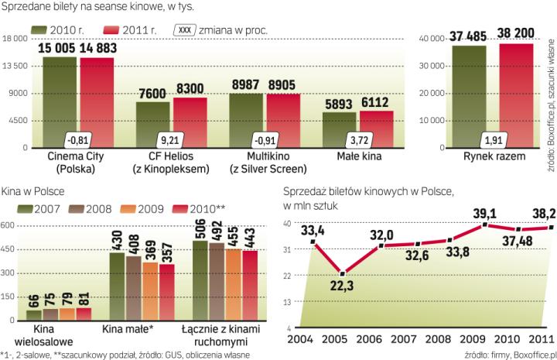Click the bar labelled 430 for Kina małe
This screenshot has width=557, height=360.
click(x=118, y=286)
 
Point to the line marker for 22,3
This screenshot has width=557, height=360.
click(x=343, y=273)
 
